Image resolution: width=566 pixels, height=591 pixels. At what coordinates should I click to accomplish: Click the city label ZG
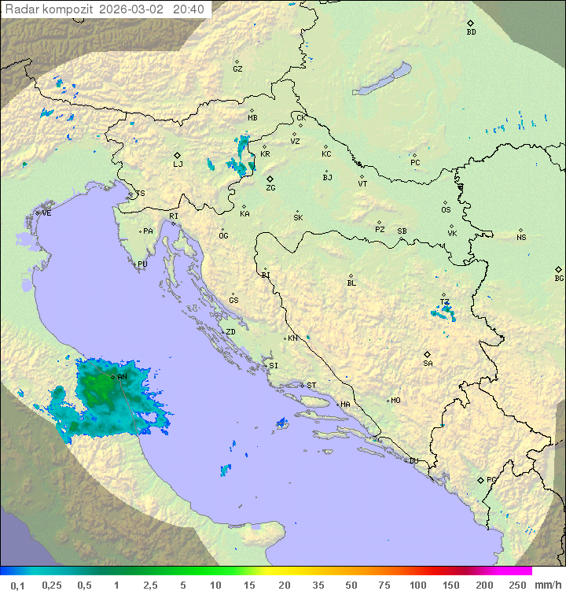(270, 189)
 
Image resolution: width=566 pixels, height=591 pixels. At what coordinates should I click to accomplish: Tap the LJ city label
(178, 164)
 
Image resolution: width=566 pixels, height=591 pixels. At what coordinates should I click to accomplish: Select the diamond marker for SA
(428, 354)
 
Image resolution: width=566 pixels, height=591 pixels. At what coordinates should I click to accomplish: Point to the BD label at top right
(471, 32)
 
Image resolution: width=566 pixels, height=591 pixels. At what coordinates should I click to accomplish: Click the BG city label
(559, 279)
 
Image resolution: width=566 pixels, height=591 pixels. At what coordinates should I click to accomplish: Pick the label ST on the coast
(311, 386)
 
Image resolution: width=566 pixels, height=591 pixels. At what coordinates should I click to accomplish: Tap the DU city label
(413, 461)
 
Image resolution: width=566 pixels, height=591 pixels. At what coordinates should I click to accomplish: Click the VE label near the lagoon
(46, 213)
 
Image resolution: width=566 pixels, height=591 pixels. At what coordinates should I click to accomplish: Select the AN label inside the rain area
(122, 377)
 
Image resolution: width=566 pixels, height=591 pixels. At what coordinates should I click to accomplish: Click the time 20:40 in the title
(189, 9)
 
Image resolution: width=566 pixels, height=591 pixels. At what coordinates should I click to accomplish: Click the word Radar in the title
(21, 9)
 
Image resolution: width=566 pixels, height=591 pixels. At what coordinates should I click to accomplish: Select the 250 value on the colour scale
(517, 585)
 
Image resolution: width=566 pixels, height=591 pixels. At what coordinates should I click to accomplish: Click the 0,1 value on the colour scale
(17, 585)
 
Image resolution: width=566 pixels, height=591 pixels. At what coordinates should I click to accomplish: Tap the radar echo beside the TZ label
(444, 312)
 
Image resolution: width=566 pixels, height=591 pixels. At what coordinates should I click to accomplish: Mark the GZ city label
(237, 69)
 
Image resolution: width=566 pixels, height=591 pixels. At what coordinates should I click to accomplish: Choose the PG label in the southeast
(491, 480)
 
